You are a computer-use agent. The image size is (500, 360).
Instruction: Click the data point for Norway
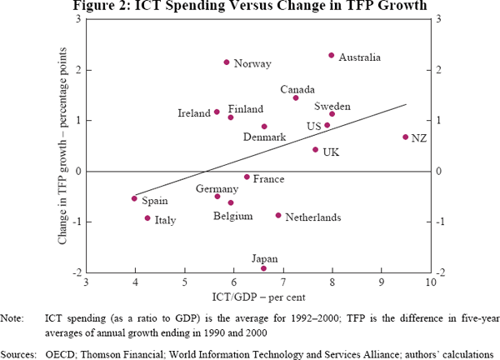[227, 62]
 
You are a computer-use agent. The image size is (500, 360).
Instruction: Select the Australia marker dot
[332, 56]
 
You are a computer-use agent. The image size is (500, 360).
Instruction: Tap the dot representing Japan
[264, 268]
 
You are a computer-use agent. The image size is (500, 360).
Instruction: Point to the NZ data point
[406, 137]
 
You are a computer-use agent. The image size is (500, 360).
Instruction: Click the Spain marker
[134, 198]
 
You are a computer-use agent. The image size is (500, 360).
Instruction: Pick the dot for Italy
[147, 218]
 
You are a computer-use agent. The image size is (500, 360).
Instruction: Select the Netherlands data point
[278, 216]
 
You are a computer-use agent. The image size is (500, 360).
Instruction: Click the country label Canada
[297, 89]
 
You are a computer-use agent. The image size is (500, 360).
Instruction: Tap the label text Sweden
[332, 107]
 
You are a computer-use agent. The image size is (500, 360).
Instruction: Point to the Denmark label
[263, 137]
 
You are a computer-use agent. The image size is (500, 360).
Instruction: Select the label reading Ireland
[194, 112]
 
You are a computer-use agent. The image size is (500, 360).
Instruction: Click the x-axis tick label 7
[282, 282]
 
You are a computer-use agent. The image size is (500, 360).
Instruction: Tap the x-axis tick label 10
[431, 282]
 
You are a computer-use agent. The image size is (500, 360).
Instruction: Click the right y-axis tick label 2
[439, 70]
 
